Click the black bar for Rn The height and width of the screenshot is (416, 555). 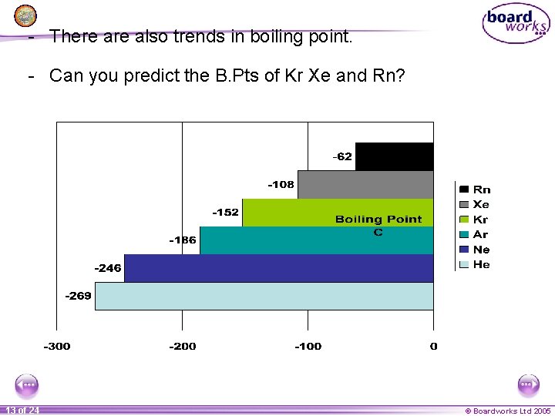click(394, 156)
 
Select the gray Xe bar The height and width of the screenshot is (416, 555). click(365, 184)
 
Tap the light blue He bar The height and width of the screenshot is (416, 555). click(264, 296)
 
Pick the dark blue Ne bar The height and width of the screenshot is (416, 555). click(278, 268)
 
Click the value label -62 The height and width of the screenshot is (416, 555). click(342, 156)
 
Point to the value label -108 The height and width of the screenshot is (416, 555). click(281, 184)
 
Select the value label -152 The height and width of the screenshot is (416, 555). click(225, 212)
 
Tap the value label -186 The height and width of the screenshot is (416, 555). click(183, 240)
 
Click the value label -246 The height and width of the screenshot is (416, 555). click(108, 268)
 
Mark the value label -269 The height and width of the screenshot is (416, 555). click(78, 296)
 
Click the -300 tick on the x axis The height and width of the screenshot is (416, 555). click(56, 346)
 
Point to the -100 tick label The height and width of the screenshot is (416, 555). click(308, 346)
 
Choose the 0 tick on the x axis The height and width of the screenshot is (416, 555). click(433, 346)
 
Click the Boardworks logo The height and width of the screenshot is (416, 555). click(516, 23)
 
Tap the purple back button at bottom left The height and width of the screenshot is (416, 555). click(26, 384)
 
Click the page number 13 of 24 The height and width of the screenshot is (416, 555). click(22, 411)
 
